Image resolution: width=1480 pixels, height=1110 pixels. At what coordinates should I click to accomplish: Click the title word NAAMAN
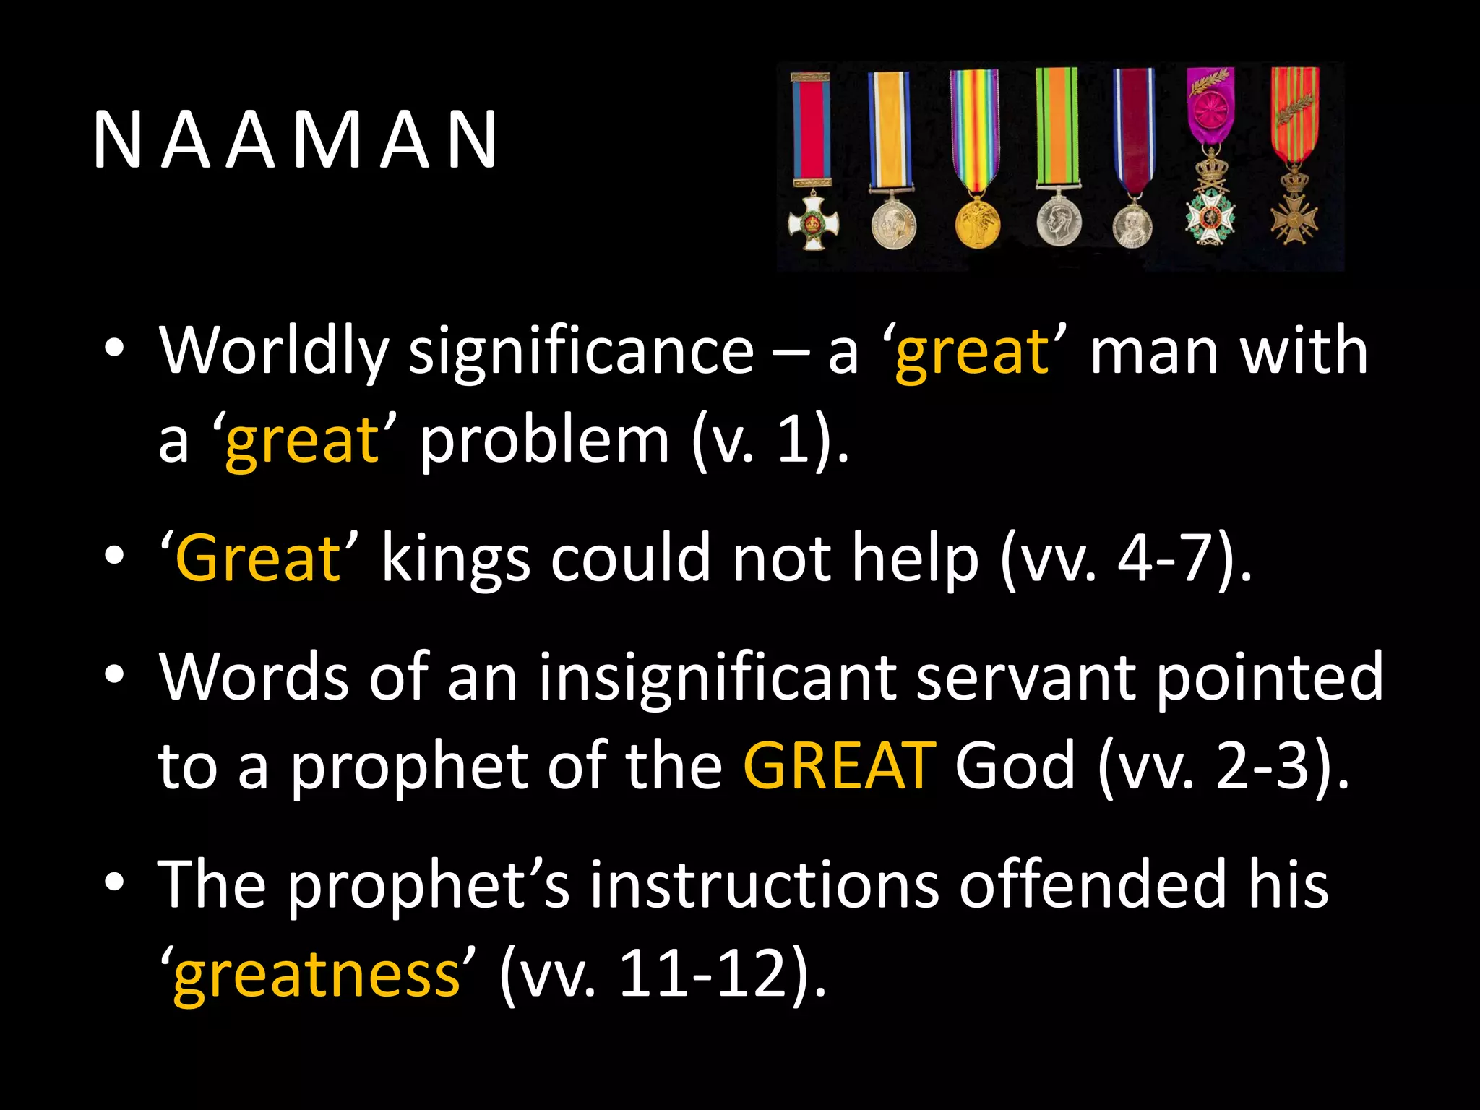(x=295, y=140)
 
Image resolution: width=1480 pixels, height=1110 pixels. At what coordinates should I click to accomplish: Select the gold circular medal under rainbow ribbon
(x=976, y=222)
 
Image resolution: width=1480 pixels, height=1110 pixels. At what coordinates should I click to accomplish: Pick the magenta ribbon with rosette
(x=1210, y=108)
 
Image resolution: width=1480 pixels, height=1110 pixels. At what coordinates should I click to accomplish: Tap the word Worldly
(x=273, y=352)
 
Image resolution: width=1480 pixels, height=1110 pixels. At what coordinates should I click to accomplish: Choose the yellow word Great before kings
(x=258, y=558)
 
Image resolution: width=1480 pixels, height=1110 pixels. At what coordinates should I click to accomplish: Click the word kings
(x=456, y=558)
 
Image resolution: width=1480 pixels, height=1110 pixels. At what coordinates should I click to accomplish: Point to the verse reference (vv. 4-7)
(x=1126, y=558)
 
